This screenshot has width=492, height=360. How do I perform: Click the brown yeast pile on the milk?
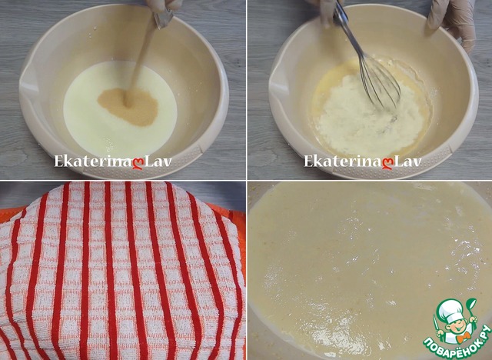[128, 107]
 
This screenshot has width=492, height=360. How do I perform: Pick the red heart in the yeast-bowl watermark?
[138, 164]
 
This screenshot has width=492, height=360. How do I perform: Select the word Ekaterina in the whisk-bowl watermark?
[343, 162]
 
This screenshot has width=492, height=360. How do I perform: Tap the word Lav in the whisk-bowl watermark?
[407, 162]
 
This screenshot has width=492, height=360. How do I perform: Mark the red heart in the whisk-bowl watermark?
[387, 164]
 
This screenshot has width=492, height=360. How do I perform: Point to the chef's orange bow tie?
[462, 338]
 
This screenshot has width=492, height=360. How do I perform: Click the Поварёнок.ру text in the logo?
[456, 342]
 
